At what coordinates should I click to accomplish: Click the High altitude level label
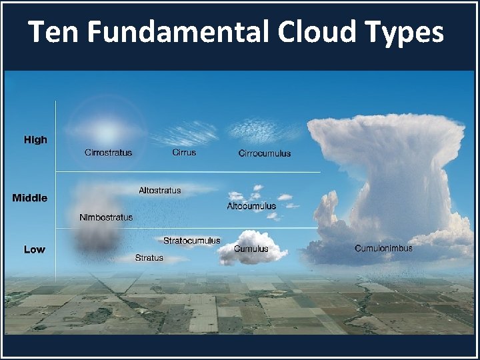pos(35,140)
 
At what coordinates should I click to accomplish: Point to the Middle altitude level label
pos(30,198)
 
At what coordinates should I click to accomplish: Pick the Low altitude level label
pos(35,249)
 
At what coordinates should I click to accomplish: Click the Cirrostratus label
pos(108,153)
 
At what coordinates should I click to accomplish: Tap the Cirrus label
pos(184,153)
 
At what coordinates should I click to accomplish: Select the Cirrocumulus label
pos(265,153)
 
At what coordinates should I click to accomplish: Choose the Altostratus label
pos(159,190)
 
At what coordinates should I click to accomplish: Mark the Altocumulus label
pos(251,206)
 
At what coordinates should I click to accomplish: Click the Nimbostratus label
pos(106,217)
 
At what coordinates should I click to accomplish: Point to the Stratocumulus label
pos(191,241)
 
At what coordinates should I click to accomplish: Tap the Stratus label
pos(149,257)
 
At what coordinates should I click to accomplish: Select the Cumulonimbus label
pos(383,248)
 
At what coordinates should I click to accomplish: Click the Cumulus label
pos(251,249)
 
